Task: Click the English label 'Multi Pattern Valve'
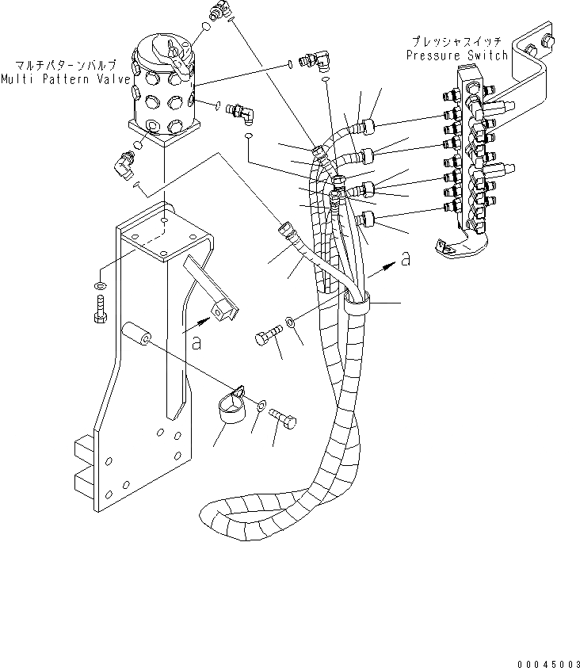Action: [63, 79]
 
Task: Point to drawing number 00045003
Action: [544, 653]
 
